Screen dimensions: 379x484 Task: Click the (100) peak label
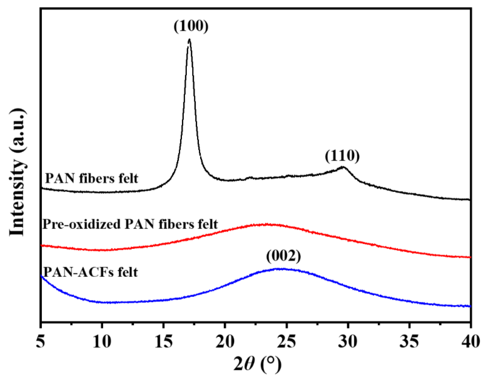(191, 26)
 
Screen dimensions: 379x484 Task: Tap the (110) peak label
(342, 156)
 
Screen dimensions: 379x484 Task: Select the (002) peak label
(283, 256)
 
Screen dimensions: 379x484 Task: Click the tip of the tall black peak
(189, 39)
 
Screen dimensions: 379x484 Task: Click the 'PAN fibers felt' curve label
(92, 178)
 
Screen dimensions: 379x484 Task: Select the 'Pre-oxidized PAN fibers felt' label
(130, 224)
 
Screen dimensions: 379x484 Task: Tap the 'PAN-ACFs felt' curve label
(91, 272)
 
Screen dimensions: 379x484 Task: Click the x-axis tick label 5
(40, 341)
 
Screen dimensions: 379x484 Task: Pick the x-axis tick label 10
(102, 341)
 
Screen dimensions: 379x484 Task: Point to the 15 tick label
(163, 341)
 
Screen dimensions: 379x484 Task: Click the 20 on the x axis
(225, 341)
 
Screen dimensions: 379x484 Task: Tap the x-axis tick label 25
(286, 341)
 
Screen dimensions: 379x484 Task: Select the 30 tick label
(348, 341)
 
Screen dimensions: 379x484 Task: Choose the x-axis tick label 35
(409, 341)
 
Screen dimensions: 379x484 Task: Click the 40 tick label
(470, 341)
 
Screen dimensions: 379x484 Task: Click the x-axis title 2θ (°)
(257, 364)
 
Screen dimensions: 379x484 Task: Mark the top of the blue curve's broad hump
(282, 269)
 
